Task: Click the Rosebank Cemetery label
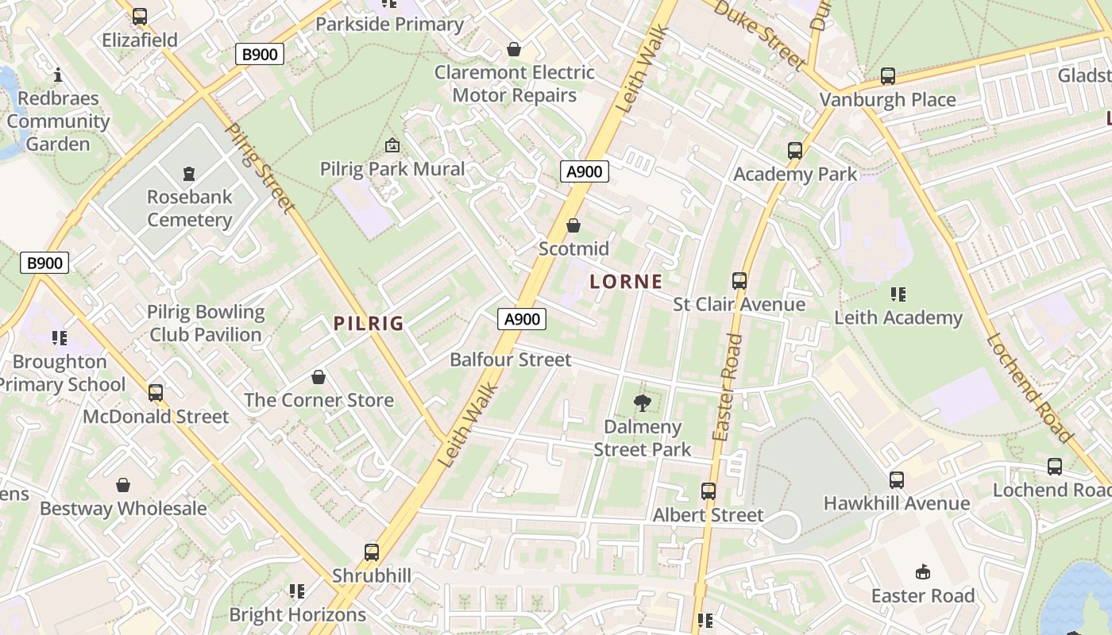189,208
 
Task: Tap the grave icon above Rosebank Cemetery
189,173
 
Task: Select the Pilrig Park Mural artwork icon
392,145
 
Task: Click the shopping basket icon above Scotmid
573,225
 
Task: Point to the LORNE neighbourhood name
626,282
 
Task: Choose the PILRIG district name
369,324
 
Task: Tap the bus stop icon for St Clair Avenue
739,281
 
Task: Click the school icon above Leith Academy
898,294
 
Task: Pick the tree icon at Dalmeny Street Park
642,403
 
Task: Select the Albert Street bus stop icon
708,491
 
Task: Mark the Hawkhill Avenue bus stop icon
896,480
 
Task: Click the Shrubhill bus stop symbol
371,552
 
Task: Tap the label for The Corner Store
319,400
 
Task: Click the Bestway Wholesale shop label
123,508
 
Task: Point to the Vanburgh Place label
887,100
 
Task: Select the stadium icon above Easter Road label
922,572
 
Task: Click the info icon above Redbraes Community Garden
57,75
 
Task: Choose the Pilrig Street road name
260,167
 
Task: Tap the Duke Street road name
759,33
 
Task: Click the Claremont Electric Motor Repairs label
514,83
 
